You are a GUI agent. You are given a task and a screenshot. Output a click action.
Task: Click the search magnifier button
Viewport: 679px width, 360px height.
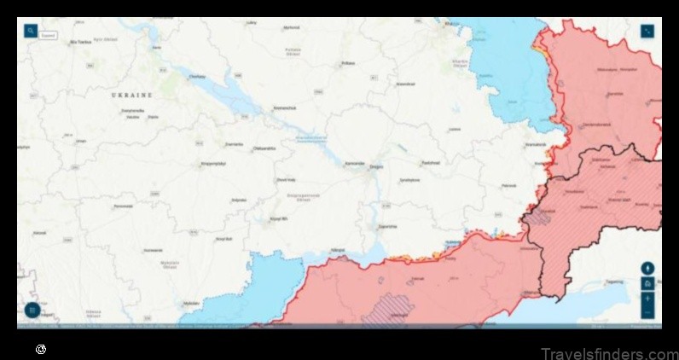31,31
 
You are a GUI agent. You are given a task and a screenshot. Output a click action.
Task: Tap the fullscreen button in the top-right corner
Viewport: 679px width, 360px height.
647,31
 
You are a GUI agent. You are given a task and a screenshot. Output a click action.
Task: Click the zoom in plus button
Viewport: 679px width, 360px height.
647,299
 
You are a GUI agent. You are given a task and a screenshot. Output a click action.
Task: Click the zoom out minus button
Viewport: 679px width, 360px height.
647,312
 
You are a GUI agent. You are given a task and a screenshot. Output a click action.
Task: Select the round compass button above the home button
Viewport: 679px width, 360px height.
647,268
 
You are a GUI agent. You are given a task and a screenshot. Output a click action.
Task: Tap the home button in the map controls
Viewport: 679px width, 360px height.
647,284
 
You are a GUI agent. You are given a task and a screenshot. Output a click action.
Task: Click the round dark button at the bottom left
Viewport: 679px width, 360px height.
32,309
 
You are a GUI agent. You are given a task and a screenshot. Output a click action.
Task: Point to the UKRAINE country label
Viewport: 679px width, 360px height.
131,96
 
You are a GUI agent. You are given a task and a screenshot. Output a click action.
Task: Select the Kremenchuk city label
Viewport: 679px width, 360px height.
284,107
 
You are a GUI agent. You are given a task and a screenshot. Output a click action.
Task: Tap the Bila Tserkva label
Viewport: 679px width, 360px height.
79,41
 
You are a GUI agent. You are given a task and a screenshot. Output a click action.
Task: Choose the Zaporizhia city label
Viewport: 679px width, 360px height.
387,227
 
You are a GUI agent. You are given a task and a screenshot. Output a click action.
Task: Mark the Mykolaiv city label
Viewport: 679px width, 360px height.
191,302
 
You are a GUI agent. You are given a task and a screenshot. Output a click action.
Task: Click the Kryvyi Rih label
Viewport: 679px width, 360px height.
277,219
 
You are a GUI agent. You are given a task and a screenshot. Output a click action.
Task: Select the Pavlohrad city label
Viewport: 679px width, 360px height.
428,163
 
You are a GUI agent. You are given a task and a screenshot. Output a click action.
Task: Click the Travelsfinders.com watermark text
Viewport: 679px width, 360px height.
608,352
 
